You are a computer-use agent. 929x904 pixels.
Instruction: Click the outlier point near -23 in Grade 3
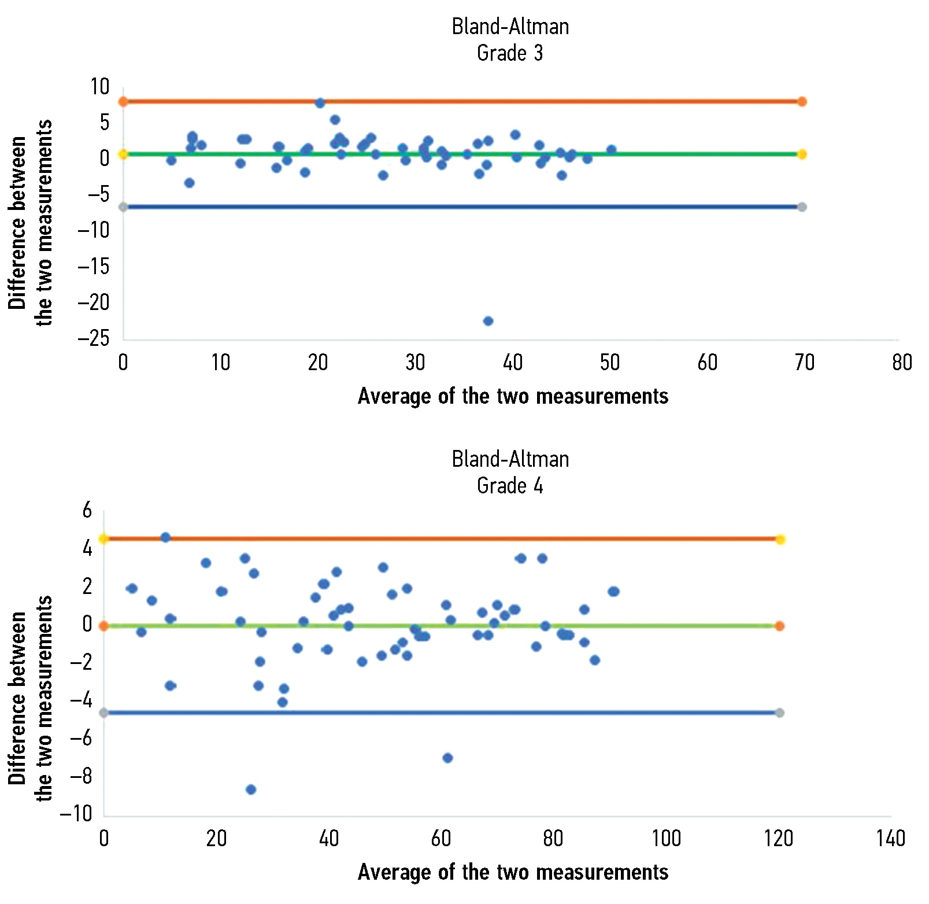[x=488, y=321]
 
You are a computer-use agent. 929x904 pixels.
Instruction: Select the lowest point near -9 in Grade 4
[x=251, y=789]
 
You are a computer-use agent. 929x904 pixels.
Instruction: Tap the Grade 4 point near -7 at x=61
[x=447, y=758]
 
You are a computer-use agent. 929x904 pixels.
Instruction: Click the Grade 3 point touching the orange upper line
[x=320, y=103]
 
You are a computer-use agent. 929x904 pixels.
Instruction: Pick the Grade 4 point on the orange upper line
[x=166, y=537]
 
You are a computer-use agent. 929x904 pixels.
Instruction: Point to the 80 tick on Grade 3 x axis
[x=902, y=363]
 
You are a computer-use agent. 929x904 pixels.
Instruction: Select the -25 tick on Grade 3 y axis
[x=94, y=338]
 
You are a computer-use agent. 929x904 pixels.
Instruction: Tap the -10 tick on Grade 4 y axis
[x=76, y=814]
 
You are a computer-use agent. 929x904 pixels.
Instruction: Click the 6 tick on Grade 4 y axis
[x=87, y=510]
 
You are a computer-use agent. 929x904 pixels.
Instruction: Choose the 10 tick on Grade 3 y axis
[x=99, y=87]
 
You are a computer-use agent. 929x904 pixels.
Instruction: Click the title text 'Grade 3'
[x=510, y=53]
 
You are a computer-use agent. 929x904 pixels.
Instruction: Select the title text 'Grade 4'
[x=510, y=486]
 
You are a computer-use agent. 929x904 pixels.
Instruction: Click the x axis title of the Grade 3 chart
[x=513, y=396]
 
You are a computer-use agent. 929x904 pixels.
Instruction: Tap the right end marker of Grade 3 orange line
[x=802, y=102]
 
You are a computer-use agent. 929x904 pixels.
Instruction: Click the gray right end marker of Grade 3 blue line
[x=802, y=207]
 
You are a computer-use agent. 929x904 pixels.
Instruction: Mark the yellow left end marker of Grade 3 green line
[x=123, y=154]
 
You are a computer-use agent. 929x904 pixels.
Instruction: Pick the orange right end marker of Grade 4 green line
[x=780, y=626]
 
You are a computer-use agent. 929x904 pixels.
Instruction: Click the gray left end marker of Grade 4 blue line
[x=104, y=713]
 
